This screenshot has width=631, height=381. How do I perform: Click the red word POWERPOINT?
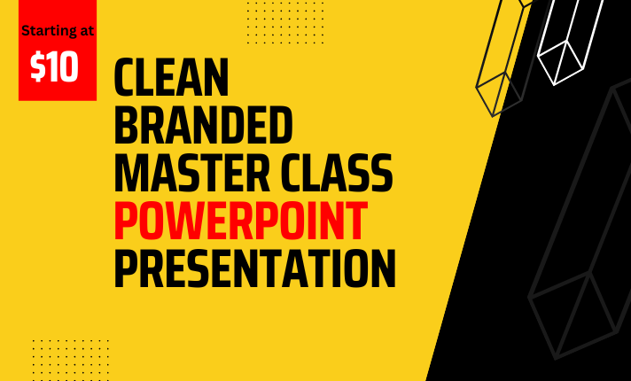tap(240, 222)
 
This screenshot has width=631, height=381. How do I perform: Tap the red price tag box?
tap(57, 51)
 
